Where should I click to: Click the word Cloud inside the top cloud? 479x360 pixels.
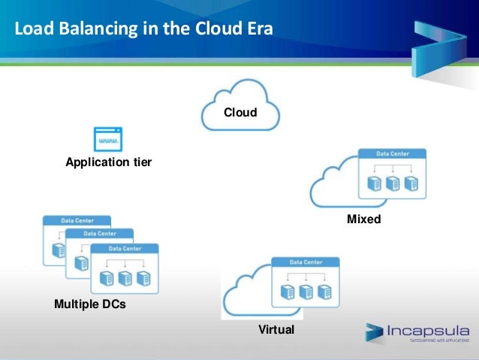(x=240, y=113)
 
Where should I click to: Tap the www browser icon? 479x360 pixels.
(x=107, y=140)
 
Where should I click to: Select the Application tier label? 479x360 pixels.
(x=109, y=162)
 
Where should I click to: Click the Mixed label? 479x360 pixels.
(x=363, y=220)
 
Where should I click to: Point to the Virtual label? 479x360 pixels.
(x=276, y=330)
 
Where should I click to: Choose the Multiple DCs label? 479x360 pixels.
(x=90, y=305)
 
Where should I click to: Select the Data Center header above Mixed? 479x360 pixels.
(x=391, y=154)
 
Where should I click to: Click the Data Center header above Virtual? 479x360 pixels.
(x=304, y=262)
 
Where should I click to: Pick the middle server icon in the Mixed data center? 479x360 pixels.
(x=391, y=183)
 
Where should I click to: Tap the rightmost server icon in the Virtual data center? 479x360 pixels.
(x=324, y=292)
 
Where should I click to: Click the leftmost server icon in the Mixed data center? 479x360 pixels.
(x=373, y=183)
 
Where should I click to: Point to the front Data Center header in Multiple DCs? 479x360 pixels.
(x=125, y=248)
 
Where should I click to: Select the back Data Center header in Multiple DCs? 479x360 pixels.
(x=77, y=221)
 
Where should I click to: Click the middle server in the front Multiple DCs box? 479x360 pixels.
(x=125, y=278)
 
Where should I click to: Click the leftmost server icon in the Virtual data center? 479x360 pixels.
(x=286, y=292)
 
